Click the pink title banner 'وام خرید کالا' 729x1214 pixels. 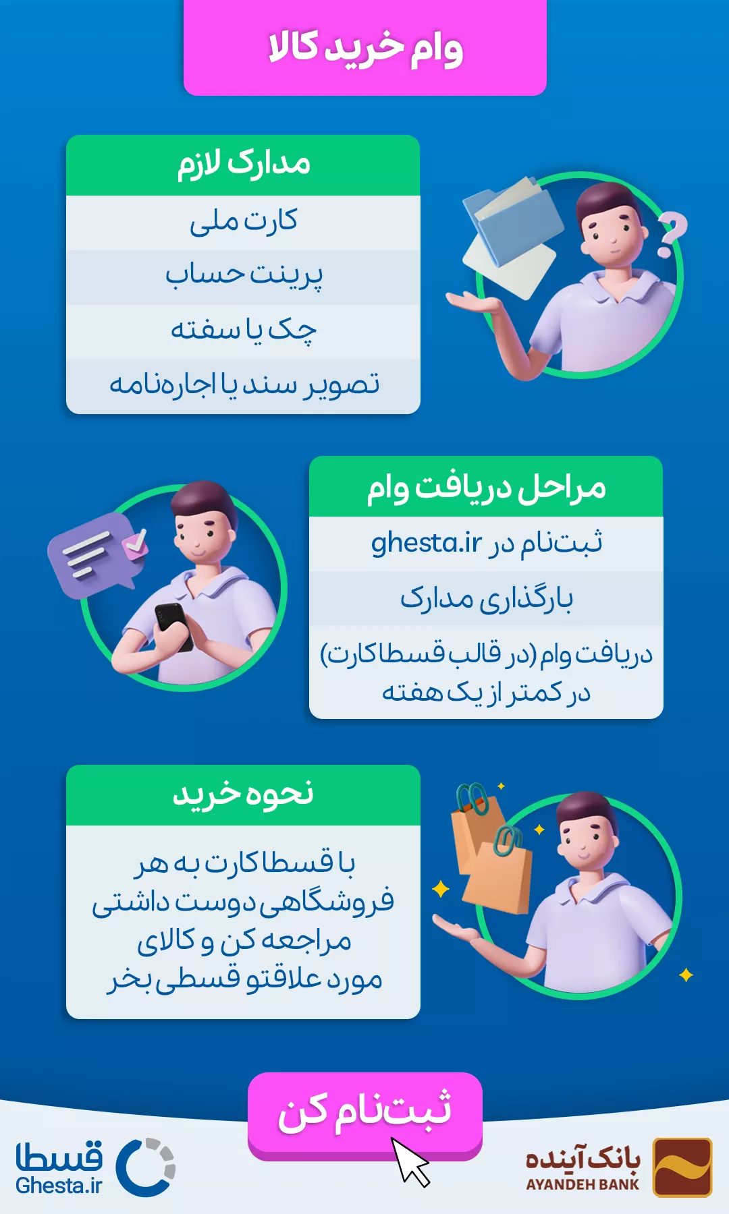tap(364, 47)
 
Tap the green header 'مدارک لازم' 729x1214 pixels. tap(243, 165)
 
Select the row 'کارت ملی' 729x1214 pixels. tap(243, 223)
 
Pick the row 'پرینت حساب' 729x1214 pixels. tap(243, 277)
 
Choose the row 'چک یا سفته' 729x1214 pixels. tap(243, 332)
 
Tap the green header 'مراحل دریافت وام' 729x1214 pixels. tap(486, 486)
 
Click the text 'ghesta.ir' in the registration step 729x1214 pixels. tap(427, 543)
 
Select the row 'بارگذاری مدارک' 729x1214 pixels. tap(486, 599)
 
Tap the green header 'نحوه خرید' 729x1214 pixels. tap(243, 795)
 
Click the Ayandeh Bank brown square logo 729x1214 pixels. tap(682, 1167)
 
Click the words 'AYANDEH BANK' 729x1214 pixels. tap(582, 1184)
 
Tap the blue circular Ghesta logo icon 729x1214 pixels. tap(146, 1167)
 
